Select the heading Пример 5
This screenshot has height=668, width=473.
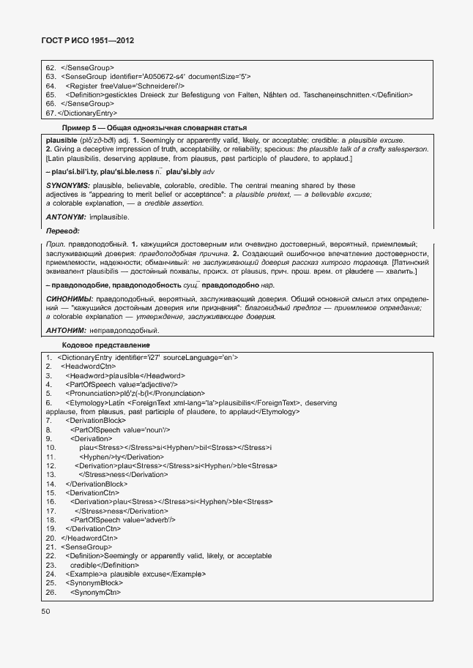click(81, 127)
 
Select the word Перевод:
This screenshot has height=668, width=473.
click(62, 231)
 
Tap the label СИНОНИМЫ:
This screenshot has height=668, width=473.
click(69, 299)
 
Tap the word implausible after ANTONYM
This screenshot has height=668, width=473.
click(109, 217)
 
